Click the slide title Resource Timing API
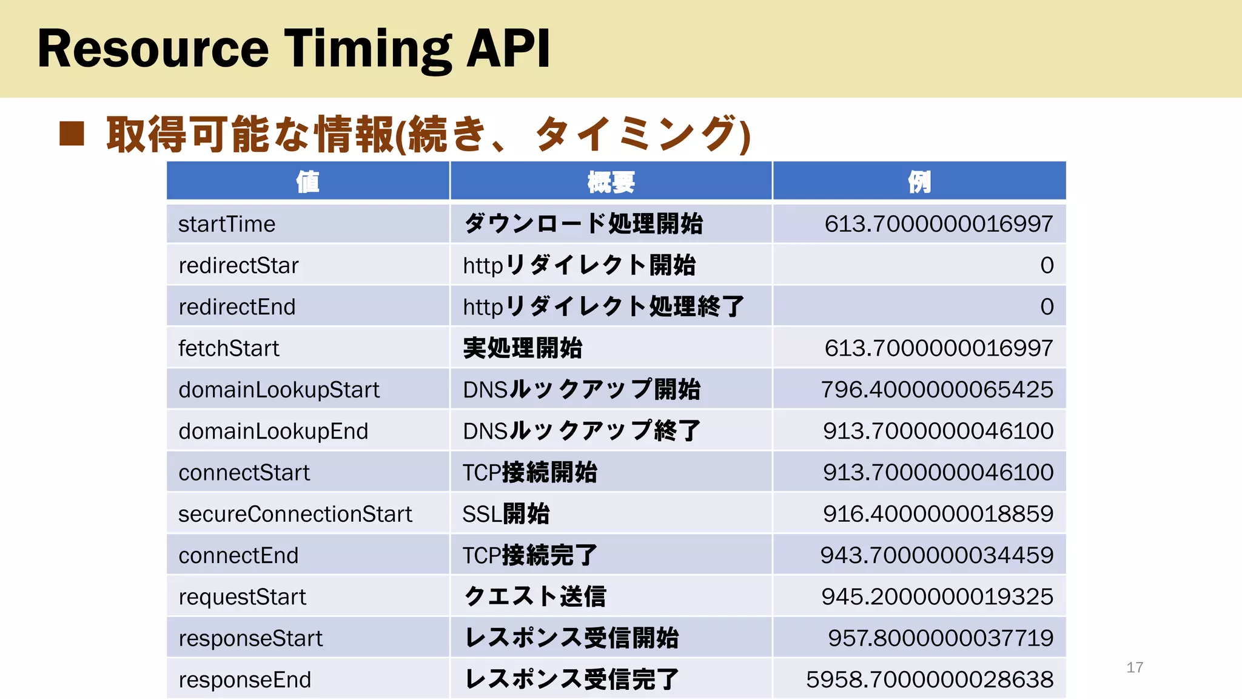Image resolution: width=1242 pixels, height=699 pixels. click(294, 49)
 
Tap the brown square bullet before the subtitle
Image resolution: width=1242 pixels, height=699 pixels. click(72, 134)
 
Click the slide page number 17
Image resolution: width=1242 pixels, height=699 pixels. click(1135, 667)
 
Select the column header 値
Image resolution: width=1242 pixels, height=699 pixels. click(307, 181)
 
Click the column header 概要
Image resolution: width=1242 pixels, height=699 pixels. click(611, 181)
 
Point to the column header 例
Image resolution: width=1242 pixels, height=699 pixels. click(919, 181)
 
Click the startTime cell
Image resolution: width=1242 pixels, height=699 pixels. click(227, 224)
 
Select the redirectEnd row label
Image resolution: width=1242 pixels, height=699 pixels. click(237, 307)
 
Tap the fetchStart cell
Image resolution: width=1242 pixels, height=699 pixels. click(229, 348)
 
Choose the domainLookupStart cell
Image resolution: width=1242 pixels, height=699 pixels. click(279, 390)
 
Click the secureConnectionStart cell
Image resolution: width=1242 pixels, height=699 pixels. click(295, 514)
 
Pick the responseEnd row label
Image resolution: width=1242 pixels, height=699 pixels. click(244, 680)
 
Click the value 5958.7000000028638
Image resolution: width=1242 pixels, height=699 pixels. click(929, 680)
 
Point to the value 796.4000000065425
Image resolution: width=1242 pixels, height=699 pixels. click(936, 390)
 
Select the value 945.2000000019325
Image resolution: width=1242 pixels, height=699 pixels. click(937, 596)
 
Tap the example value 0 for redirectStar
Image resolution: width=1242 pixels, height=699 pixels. click(1047, 265)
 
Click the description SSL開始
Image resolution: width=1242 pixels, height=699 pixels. click(506, 514)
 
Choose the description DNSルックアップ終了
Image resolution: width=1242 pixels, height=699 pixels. click(581, 431)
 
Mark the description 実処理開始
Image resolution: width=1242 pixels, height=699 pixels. click(522, 348)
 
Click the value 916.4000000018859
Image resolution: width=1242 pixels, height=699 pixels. click(938, 514)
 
